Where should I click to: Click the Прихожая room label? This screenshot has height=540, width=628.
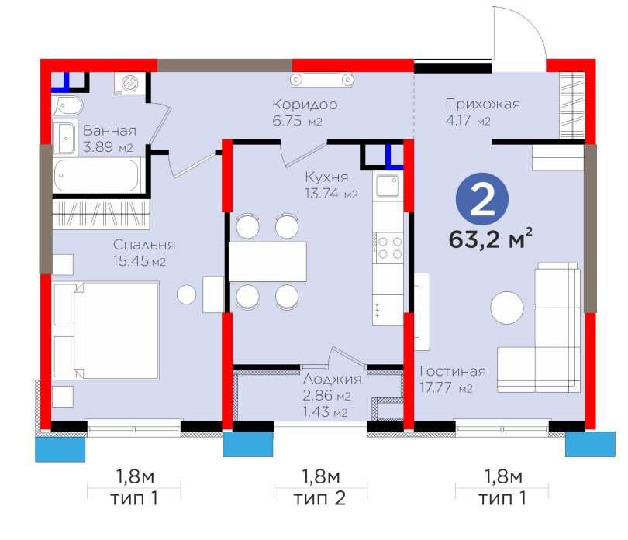[481, 104]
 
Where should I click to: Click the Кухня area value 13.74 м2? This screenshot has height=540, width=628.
[330, 194]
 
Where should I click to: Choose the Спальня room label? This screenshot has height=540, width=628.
[141, 245]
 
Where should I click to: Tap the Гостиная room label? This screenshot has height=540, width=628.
[454, 371]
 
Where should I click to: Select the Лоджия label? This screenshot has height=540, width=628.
[332, 379]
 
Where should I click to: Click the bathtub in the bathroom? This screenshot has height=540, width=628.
[96, 176]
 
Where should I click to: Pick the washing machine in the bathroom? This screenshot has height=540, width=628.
[129, 83]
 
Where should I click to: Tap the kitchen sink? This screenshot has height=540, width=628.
[387, 187]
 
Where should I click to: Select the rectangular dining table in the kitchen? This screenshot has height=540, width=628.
[267, 261]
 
